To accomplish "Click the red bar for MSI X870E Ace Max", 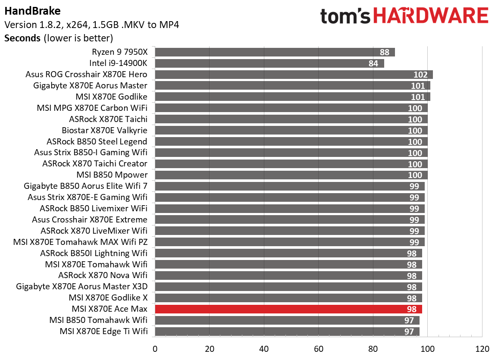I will tap(288, 309).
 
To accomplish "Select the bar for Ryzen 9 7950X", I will tap(275, 52).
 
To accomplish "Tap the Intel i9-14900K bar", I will tap(269, 63).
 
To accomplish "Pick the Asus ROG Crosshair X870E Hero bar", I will tap(294, 75).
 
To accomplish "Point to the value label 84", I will tap(373, 63).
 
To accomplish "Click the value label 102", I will tap(420, 75).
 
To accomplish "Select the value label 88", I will tap(385, 52).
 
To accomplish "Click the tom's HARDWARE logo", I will tap(404, 16).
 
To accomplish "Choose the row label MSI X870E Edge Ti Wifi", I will tap(104, 332).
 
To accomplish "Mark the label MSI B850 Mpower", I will tap(112, 175).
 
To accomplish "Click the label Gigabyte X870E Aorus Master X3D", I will tap(81, 287).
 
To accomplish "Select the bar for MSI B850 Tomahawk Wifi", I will tap(287, 320).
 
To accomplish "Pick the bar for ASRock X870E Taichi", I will tap(291, 119).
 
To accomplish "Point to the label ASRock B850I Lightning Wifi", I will tap(94, 253).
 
